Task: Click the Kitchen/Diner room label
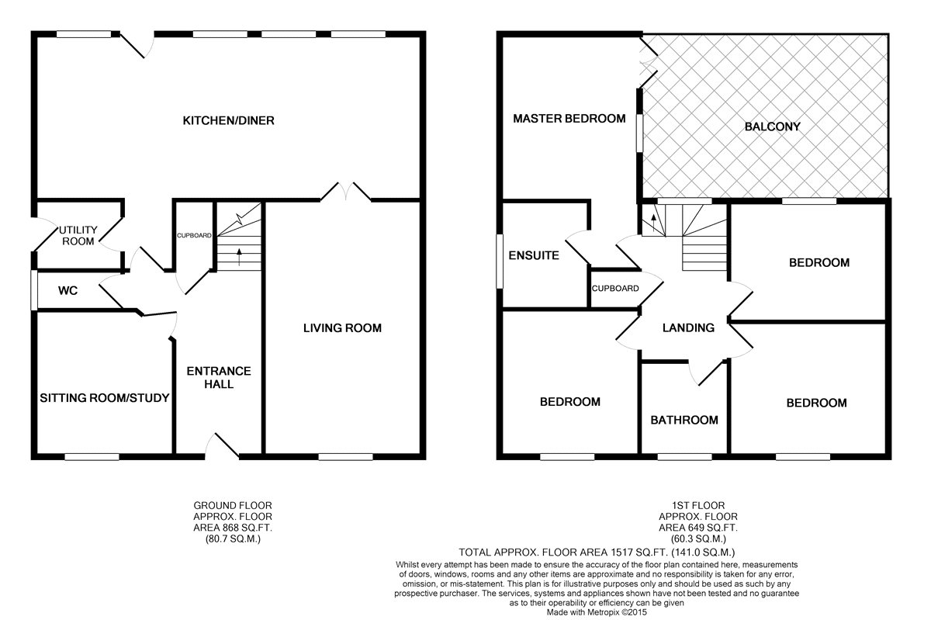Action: pyautogui.click(x=229, y=120)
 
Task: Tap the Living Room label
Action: pyautogui.click(x=342, y=328)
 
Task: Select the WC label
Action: pyautogui.click(x=67, y=291)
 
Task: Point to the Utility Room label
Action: pyautogui.click(x=78, y=235)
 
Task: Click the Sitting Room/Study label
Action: pyautogui.click(x=104, y=398)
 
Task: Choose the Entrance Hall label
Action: pyautogui.click(x=219, y=378)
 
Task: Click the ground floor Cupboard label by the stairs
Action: pyautogui.click(x=194, y=235)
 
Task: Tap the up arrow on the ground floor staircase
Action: pyautogui.click(x=239, y=257)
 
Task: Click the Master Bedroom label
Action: pyautogui.click(x=569, y=119)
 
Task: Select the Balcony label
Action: pyautogui.click(x=772, y=126)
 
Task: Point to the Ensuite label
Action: pyautogui.click(x=534, y=255)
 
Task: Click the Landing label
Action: pyautogui.click(x=688, y=327)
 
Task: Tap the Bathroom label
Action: pyautogui.click(x=684, y=420)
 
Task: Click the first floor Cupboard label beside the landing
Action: pyautogui.click(x=615, y=288)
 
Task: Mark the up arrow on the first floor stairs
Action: pyautogui.click(x=653, y=223)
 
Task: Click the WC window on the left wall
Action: pyautogui.click(x=34, y=290)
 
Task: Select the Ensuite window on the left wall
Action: pyautogui.click(x=500, y=262)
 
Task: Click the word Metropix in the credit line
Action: pyautogui.click(x=603, y=612)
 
